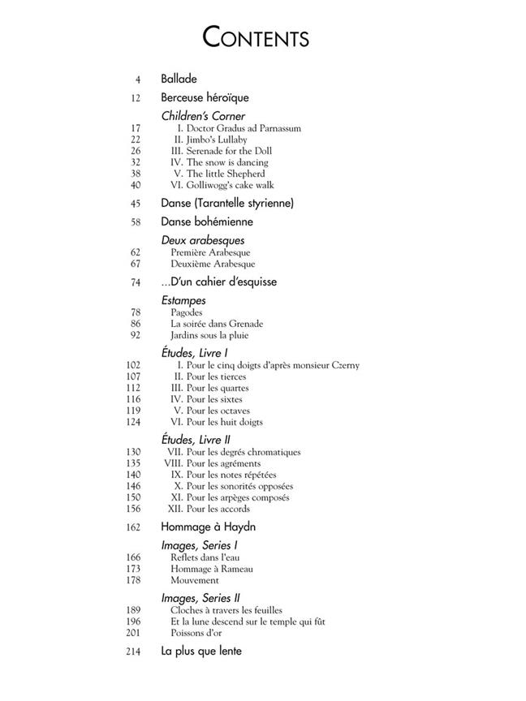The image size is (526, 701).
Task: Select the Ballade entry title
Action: [179, 80]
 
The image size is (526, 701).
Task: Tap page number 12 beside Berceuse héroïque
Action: [136, 98]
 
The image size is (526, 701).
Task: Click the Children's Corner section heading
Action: [203, 116]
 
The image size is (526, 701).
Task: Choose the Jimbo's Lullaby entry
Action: [212, 140]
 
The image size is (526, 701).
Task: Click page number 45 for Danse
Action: [136, 204]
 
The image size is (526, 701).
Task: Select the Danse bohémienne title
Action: [207, 221]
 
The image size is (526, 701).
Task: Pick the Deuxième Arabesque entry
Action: [213, 264]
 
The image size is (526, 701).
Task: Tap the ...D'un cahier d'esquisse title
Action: [218, 282]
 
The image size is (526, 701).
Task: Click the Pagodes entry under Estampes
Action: [187, 312]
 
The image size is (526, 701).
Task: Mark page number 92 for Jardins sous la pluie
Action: [136, 335]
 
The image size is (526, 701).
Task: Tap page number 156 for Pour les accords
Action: [134, 509]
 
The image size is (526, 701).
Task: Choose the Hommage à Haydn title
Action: [209, 527]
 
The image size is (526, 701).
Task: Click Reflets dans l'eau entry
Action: [207, 557]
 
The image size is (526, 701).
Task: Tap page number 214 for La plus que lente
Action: [134, 652]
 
